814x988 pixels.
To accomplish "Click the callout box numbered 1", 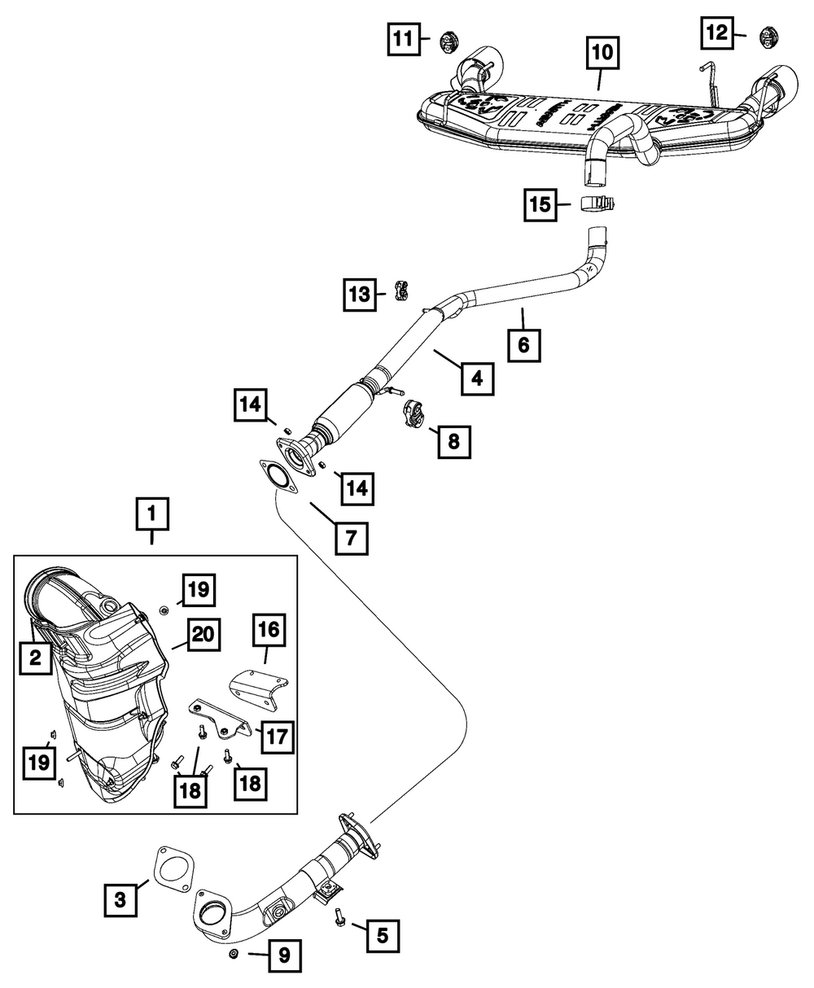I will pyautogui.click(x=152, y=514).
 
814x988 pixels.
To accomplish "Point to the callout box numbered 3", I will pyautogui.click(x=120, y=899).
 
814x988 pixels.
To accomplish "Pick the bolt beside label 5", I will pyautogui.click(x=338, y=920).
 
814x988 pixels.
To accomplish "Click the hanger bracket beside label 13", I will pyautogui.click(x=401, y=291).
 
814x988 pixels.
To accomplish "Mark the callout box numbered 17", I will pyautogui.click(x=274, y=737).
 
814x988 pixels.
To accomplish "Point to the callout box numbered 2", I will pyautogui.click(x=36, y=658).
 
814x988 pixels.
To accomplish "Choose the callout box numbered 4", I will pyautogui.click(x=476, y=378).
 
